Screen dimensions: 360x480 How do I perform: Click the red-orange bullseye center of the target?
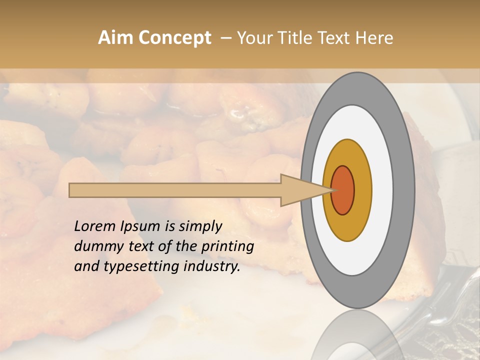coord(342,190)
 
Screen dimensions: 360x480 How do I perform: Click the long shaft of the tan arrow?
coord(175,190)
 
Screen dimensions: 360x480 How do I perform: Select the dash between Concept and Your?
coord(226,38)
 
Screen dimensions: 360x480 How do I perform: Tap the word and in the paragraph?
coord(86,266)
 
